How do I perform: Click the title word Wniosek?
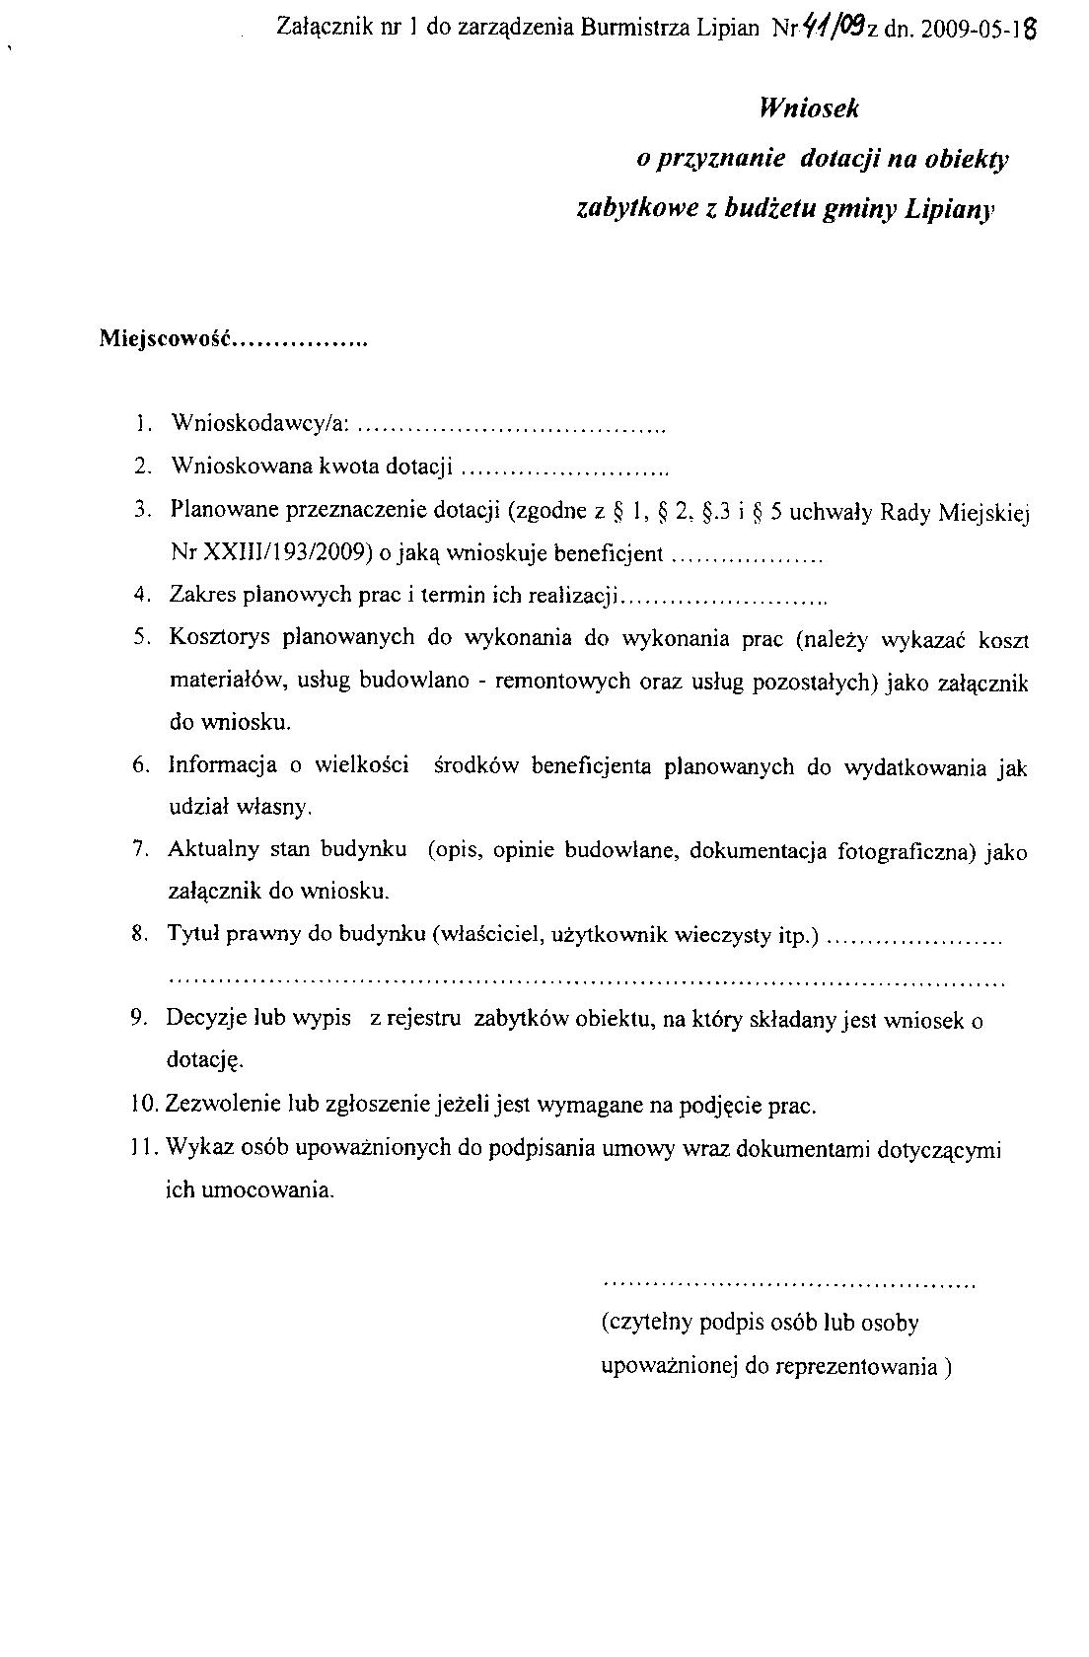pos(809,108)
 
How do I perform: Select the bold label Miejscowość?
pos(164,339)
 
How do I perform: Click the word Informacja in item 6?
pos(222,766)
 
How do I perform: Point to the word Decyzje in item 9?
pos(205,1019)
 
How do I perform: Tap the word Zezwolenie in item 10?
pos(226,1105)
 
